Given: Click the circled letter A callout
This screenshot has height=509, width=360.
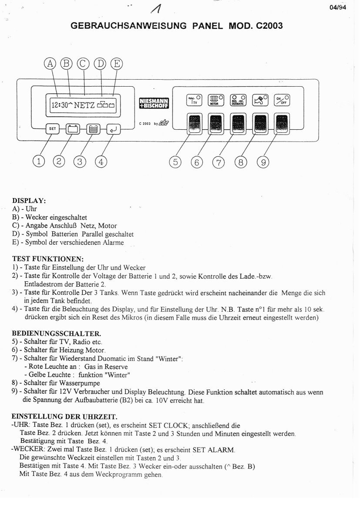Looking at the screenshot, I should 51,64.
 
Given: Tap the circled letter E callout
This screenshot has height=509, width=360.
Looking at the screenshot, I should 116,64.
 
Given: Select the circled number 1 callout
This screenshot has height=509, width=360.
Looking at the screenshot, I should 39,162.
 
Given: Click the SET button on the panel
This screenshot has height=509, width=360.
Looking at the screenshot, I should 52,129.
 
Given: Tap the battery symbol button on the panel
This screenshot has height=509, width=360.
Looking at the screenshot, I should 73,129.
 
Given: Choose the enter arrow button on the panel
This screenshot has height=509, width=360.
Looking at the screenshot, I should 112,129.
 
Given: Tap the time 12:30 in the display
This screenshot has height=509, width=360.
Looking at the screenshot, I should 59,105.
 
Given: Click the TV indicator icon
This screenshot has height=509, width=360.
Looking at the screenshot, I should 194,100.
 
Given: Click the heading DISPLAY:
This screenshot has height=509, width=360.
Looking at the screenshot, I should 29,201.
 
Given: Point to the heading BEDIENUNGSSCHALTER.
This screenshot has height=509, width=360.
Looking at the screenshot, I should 56,333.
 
